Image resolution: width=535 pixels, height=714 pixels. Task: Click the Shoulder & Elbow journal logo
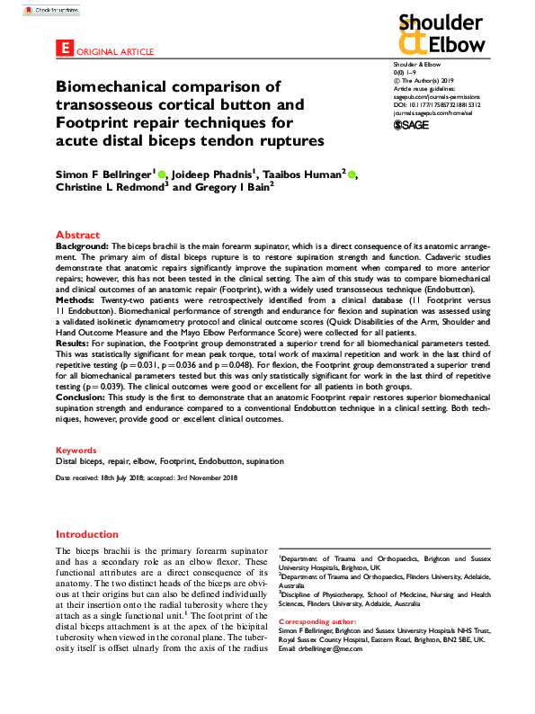(441, 33)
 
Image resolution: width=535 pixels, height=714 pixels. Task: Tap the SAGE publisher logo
(411, 125)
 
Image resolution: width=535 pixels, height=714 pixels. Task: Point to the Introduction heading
(86, 533)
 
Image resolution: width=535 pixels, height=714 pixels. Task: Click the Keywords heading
(76, 449)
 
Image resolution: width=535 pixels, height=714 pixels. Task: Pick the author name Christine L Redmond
(111, 187)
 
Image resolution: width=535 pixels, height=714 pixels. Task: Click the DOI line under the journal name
(437, 105)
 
